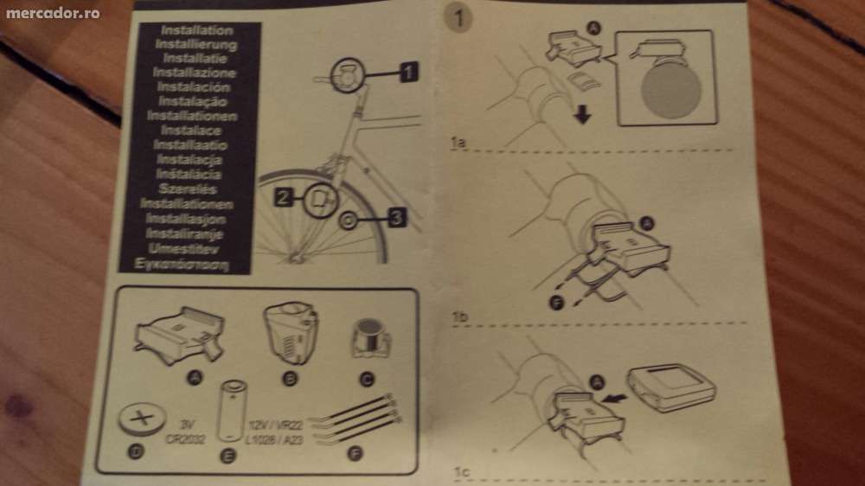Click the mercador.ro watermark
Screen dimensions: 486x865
[x=53, y=13]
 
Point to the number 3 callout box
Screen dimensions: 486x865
[x=393, y=218]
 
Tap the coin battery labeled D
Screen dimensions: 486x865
[x=143, y=422]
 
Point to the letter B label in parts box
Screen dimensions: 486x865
[x=290, y=376]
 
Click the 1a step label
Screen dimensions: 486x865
[x=459, y=141]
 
